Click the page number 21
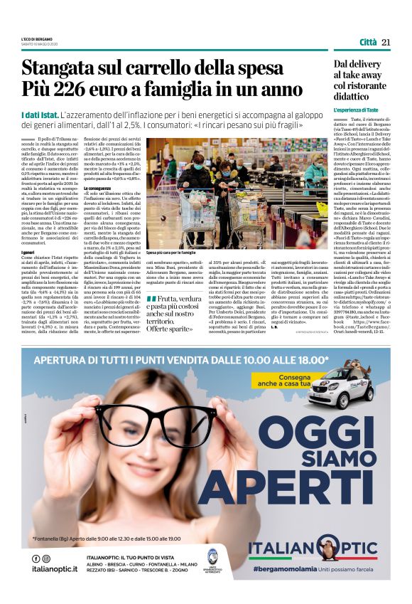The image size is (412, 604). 386,43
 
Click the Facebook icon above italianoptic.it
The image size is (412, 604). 36,558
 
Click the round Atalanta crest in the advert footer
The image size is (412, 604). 212,558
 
